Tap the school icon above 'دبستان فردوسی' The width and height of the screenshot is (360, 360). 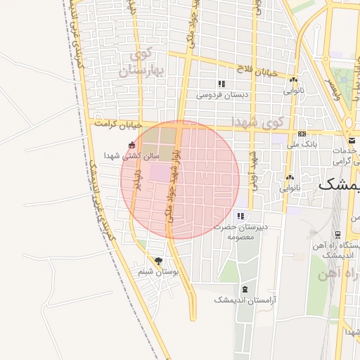pyautogui.click(x=222, y=84)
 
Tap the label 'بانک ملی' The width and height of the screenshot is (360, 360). pyautogui.click(x=302, y=143)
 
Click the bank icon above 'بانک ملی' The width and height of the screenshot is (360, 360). pyautogui.click(x=302, y=134)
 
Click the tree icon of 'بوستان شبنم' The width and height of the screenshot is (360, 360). pyautogui.click(x=157, y=261)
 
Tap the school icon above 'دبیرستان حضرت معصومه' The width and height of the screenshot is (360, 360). pyautogui.click(x=241, y=217)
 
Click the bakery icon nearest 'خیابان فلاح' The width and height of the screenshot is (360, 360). pyautogui.click(x=293, y=80)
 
